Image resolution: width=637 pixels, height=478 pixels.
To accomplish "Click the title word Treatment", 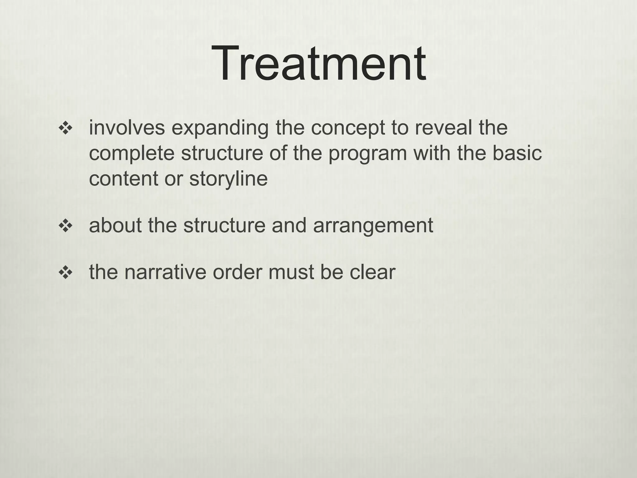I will click(318, 63).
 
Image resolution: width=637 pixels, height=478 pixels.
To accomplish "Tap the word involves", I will click(127, 128).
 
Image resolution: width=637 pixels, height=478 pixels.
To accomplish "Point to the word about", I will click(115, 225).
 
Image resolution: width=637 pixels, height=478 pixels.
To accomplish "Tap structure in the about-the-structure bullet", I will click(224, 225).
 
